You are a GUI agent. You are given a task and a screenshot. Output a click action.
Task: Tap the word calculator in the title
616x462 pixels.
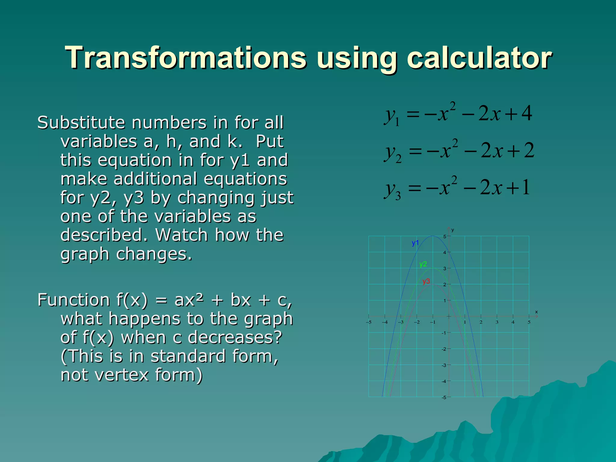click(x=479, y=58)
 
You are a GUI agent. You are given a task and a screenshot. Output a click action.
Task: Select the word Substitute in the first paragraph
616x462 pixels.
click(x=81, y=123)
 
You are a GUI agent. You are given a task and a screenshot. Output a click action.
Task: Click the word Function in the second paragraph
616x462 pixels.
click(x=74, y=300)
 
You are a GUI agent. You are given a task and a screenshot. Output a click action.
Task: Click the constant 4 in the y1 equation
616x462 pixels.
click(x=527, y=114)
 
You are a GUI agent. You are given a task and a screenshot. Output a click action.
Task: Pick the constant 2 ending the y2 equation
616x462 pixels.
click(x=529, y=150)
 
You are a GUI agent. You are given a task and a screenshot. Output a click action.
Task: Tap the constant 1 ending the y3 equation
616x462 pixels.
click(x=526, y=187)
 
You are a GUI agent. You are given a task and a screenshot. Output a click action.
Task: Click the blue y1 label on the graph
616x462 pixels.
click(x=415, y=243)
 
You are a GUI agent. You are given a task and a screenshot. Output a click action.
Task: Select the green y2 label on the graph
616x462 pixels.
click(x=423, y=264)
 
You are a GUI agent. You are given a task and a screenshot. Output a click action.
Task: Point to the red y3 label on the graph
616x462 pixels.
click(x=426, y=282)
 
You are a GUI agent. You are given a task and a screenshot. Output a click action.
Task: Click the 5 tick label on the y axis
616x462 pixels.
click(x=445, y=237)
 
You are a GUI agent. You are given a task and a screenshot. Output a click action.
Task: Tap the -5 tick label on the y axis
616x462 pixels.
click(x=444, y=398)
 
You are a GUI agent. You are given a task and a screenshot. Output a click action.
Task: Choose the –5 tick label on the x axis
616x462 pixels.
click(x=368, y=322)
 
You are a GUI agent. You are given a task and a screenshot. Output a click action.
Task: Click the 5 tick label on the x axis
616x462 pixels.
click(x=529, y=322)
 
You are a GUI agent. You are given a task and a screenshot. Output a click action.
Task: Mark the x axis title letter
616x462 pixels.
click(x=536, y=312)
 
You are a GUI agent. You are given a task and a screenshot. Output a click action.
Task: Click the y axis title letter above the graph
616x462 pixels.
click(x=452, y=230)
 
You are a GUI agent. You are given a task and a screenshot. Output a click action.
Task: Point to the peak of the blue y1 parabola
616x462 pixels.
click(x=433, y=236)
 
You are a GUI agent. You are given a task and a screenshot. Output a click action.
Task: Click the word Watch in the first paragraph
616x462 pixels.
click(x=181, y=235)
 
